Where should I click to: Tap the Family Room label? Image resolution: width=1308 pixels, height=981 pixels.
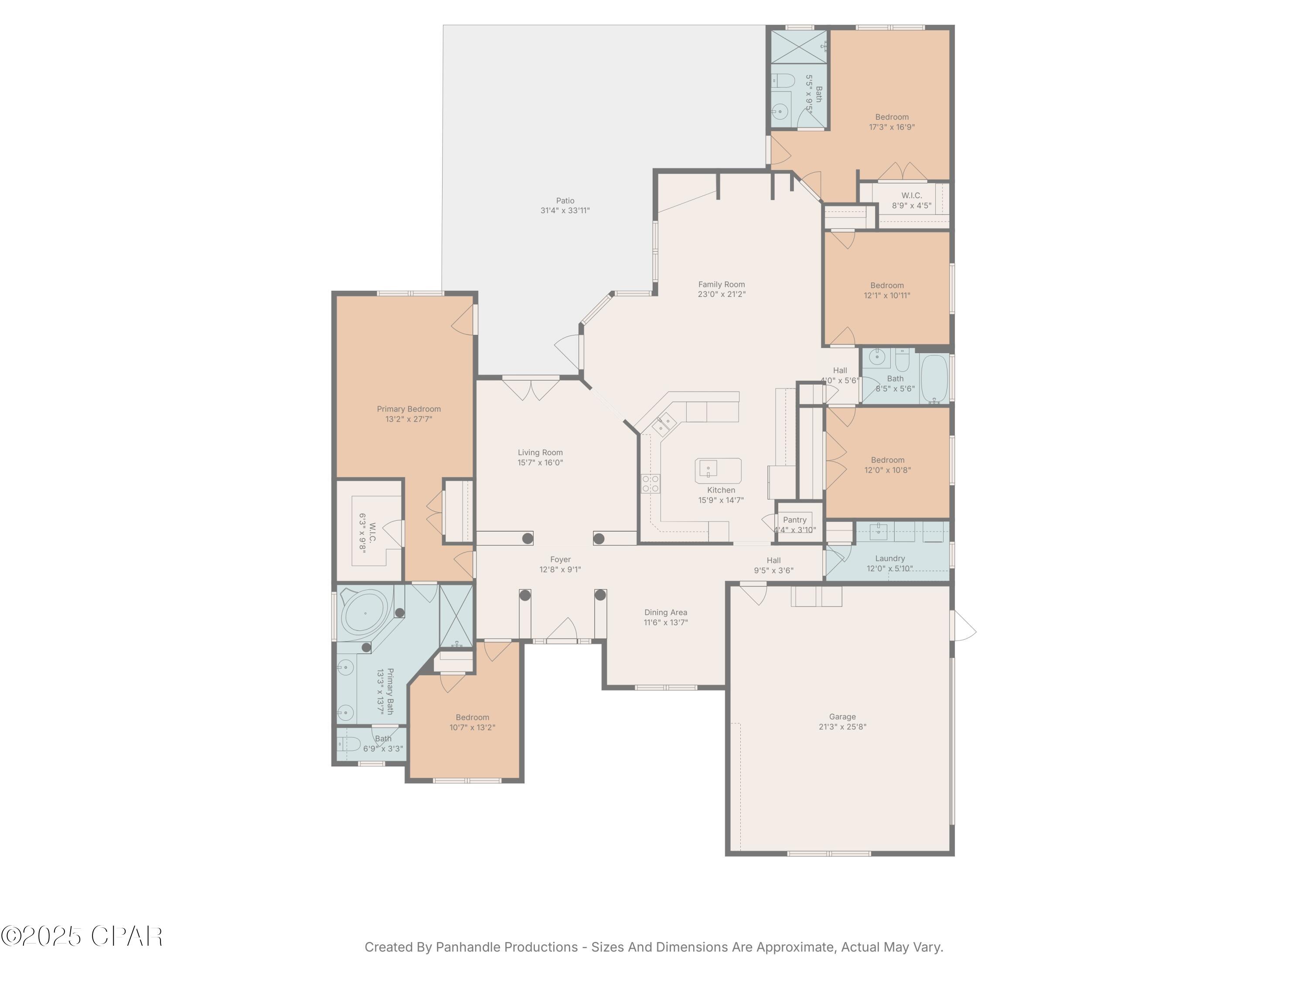pyautogui.click(x=722, y=284)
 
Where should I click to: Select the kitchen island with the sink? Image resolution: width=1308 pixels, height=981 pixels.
pyautogui.click(x=718, y=470)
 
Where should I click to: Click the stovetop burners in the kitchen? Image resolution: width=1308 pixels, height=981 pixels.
pyautogui.click(x=651, y=484)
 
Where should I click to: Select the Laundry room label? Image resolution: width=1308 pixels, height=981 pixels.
pyautogui.click(x=889, y=558)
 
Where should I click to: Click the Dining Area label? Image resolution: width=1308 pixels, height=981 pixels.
pyautogui.click(x=665, y=613)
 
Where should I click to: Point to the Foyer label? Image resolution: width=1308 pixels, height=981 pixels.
pyautogui.click(x=560, y=559)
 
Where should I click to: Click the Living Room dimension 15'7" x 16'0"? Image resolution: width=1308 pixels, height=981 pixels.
pyautogui.click(x=540, y=463)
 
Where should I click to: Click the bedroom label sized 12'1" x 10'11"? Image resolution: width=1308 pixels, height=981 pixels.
pyautogui.click(x=886, y=286)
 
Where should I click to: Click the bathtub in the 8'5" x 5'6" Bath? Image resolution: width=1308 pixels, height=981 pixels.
pyautogui.click(x=934, y=378)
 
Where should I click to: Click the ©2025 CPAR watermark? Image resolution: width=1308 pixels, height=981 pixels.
pyautogui.click(x=82, y=936)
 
